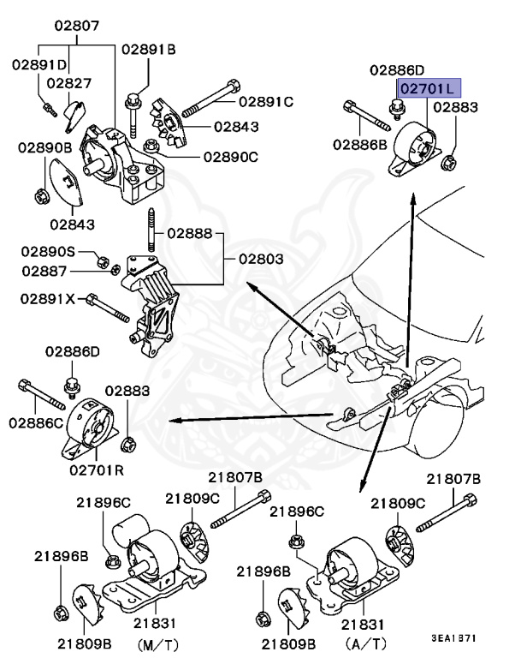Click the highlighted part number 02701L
pyautogui.click(x=429, y=88)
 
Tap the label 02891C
pyautogui.click(x=265, y=102)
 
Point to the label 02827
pyautogui.click(x=68, y=83)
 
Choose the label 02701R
pyautogui.click(x=97, y=469)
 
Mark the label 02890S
pyautogui.click(x=49, y=252)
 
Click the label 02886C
pyautogui.click(x=36, y=422)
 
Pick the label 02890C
pyautogui.click(x=230, y=157)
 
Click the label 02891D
pyautogui.click(x=39, y=64)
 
